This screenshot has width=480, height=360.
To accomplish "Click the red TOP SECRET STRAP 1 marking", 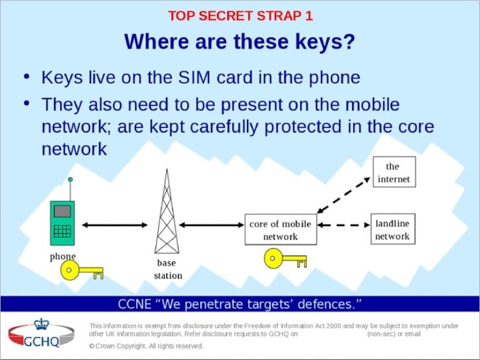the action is pos(240,16).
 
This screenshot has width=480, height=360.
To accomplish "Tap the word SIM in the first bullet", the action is pos(194,78).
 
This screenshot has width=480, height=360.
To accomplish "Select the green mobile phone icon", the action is pos(63,223).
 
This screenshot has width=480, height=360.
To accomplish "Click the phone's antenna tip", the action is pos(70,179).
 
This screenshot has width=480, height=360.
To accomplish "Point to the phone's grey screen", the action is pos(62,212).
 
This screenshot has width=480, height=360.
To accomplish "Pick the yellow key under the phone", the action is pos(81,270).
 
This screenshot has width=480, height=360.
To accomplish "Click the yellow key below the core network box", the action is pos(285,259).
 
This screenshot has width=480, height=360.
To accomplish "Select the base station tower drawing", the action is pos(167,211).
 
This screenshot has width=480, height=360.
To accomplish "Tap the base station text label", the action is pos(168,269).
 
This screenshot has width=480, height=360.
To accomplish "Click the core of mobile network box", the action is pos(281,229).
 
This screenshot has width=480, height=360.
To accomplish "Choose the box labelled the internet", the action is pos(394,172).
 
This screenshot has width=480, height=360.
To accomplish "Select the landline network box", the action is pos(393,229).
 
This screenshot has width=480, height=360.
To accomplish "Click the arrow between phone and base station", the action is pos(115,225).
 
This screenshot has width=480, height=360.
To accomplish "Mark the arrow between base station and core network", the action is pos(212,225).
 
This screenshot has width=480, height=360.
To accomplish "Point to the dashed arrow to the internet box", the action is pos(343,195).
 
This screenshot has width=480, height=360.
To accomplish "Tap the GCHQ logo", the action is pos(41,333).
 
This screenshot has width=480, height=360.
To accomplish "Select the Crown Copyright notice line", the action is pos(147,346).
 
